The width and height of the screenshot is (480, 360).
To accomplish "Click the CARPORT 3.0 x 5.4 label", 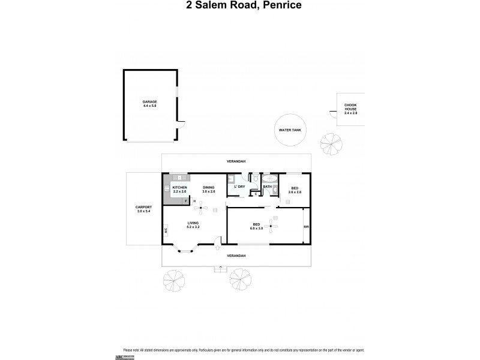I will click(x=143, y=209).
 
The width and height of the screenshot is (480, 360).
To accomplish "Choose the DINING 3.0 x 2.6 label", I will click(x=209, y=190).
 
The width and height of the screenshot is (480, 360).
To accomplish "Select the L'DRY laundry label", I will click(x=239, y=187).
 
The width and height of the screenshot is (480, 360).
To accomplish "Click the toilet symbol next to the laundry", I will click(x=255, y=178).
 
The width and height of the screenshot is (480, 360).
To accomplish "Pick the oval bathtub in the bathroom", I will click(x=269, y=178).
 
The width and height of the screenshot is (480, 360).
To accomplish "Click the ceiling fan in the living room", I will click(x=202, y=209).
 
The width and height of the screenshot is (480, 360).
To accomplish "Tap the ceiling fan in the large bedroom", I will click(x=273, y=226).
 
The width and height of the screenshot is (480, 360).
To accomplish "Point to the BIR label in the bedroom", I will click(x=307, y=227).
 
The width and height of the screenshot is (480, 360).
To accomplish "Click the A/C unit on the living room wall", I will click(x=165, y=229).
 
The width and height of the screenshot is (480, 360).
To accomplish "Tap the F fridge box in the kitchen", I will click(x=186, y=200).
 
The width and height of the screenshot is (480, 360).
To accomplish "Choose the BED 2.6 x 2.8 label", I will click(x=295, y=190).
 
